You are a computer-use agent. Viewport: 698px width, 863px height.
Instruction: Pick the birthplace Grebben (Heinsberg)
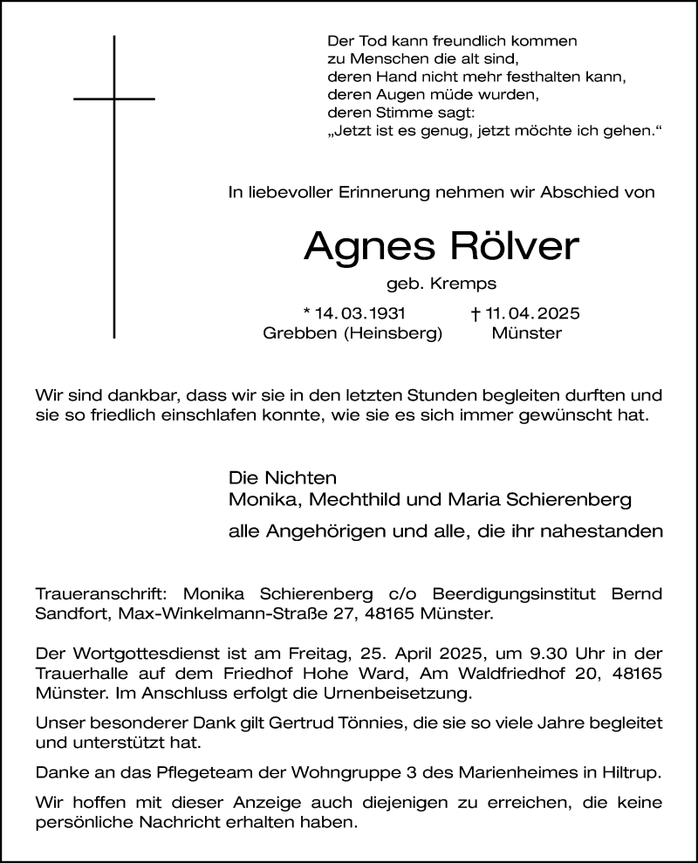click(x=352, y=332)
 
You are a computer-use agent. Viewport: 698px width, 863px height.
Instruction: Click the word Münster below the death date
click(x=526, y=332)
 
